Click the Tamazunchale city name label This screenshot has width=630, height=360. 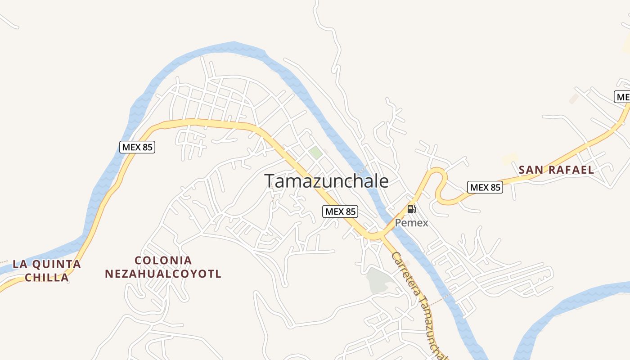[326, 181]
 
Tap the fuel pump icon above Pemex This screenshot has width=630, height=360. [411, 209]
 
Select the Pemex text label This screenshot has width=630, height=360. [411, 222]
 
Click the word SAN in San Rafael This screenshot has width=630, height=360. [531, 170]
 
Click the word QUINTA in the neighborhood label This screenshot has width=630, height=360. [59, 264]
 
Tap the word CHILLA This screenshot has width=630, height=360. [47, 277]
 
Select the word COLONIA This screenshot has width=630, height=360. [163, 261]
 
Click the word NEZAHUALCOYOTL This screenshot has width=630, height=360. [163, 274]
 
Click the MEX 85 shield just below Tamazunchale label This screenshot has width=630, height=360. [340, 211]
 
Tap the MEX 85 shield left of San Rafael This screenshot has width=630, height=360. [485, 187]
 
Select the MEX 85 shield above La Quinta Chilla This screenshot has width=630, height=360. [137, 147]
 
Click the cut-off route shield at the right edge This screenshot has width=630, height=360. [622, 97]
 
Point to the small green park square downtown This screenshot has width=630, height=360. [316, 152]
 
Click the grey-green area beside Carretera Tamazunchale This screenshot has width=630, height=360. [377, 280]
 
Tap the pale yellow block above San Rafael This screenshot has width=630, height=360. [510, 158]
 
